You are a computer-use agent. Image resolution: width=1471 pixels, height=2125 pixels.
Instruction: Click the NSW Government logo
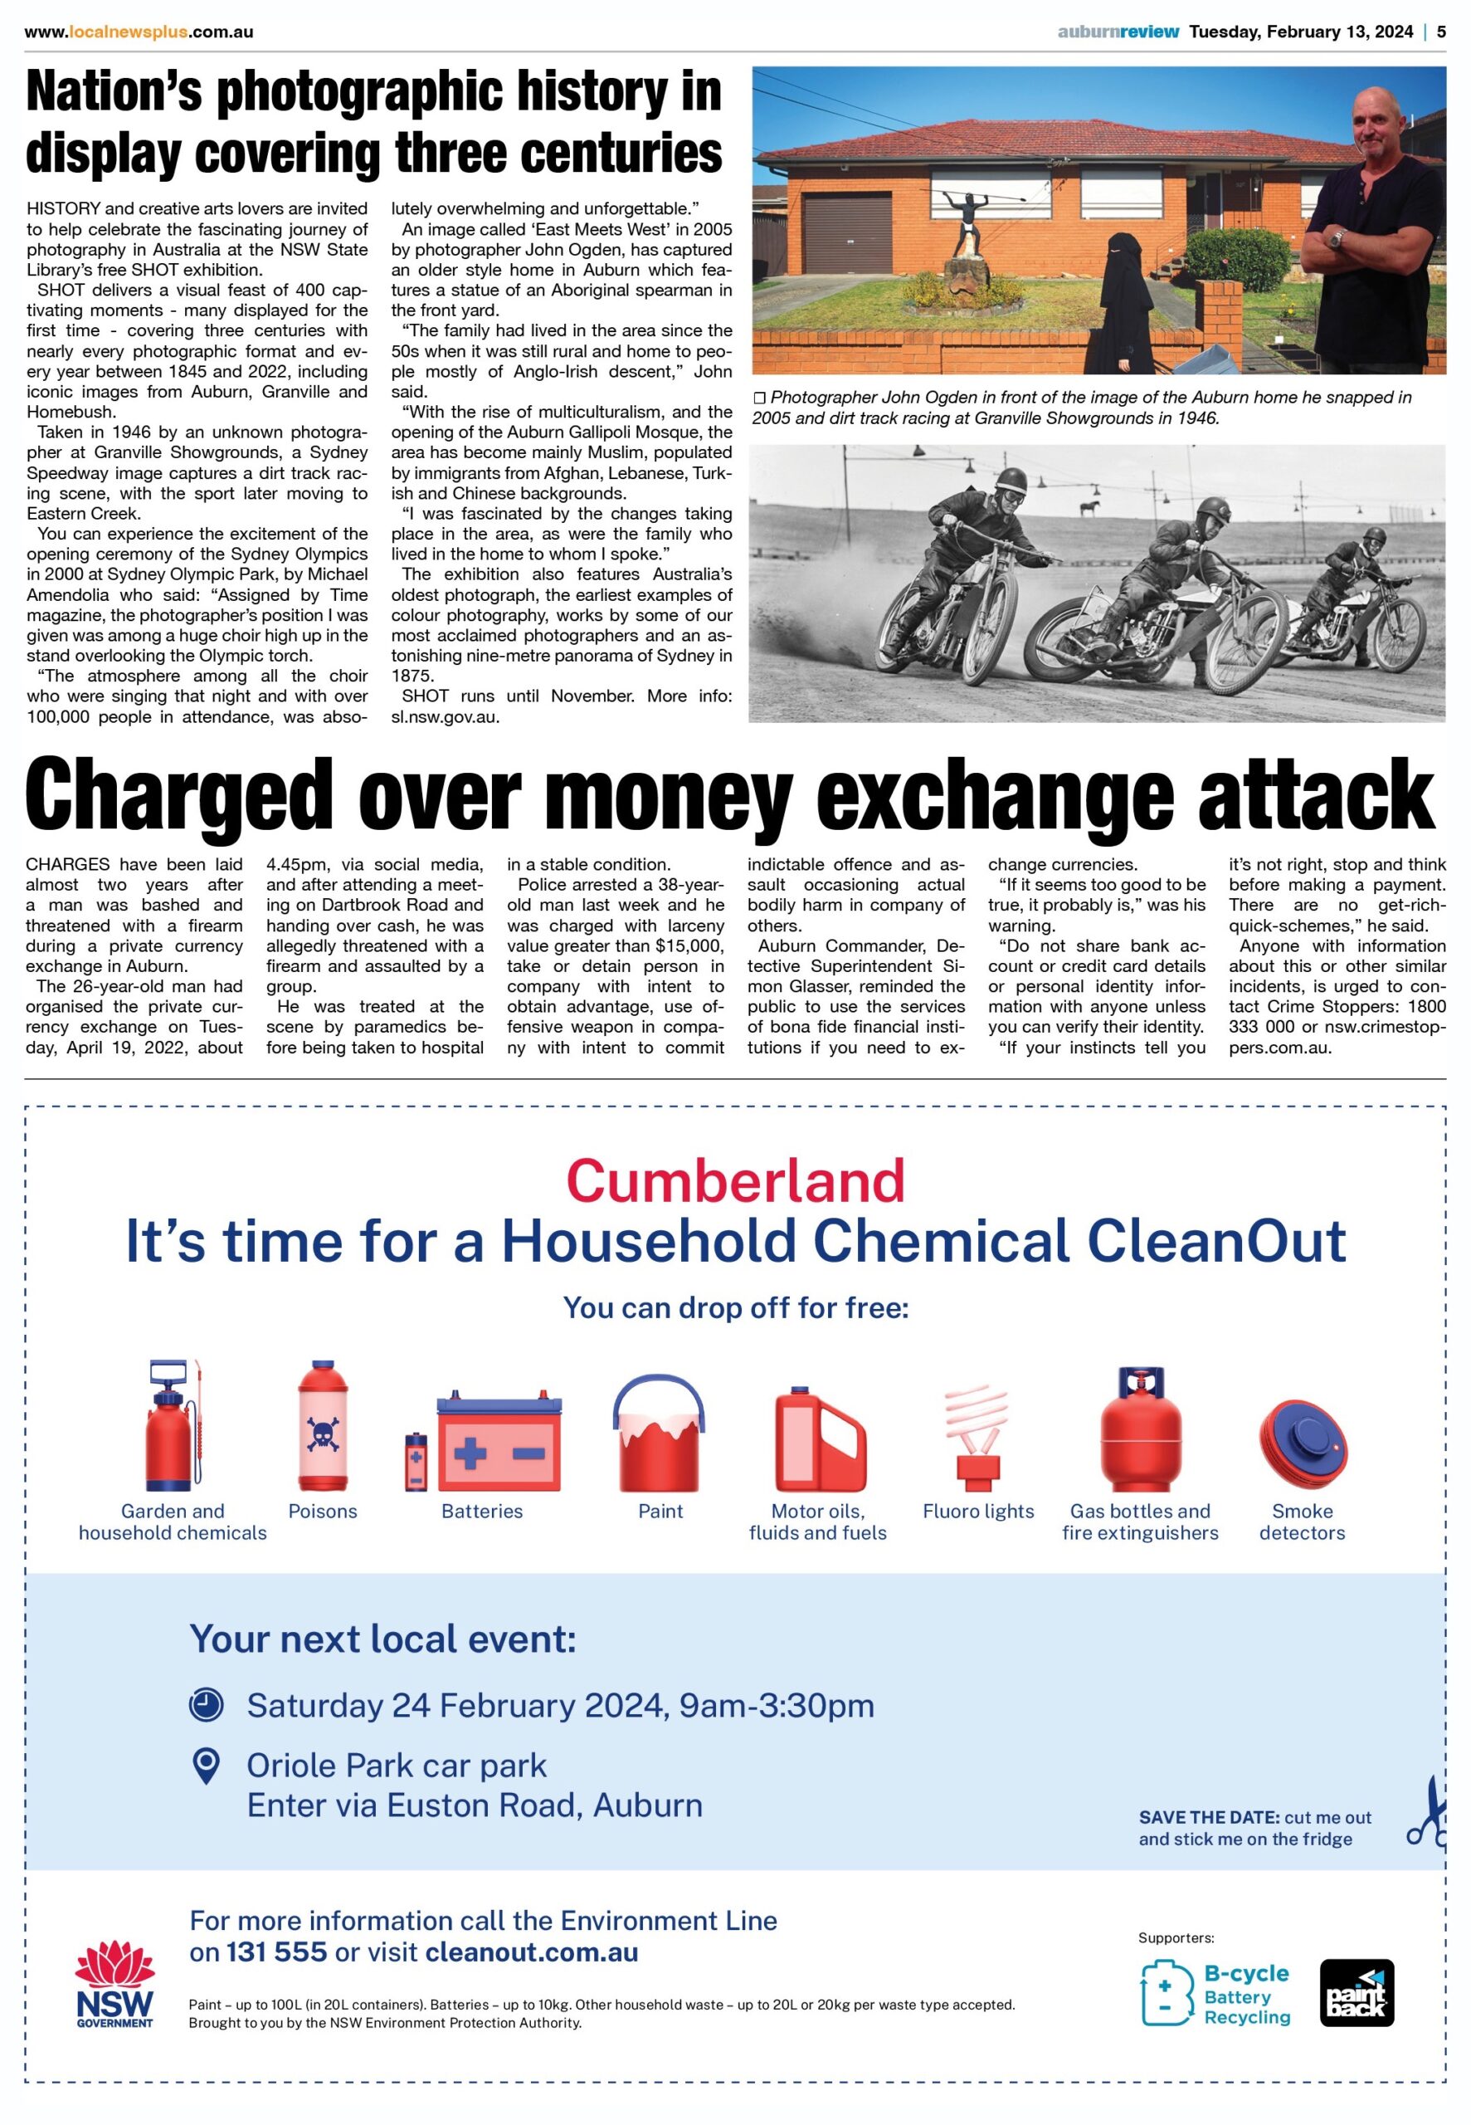point(115,1985)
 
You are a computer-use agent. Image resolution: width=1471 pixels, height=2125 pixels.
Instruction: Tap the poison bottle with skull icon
point(323,1425)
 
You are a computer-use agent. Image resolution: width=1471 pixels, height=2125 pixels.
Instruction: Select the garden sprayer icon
point(173,1425)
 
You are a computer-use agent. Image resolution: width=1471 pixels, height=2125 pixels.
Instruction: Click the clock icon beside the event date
point(207,1705)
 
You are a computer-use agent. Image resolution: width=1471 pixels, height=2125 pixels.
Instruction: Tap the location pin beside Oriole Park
point(206,1766)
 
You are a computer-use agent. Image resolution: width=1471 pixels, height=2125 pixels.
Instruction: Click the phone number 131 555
point(276,1952)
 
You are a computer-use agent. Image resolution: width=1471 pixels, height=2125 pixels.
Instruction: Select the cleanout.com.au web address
point(532,1952)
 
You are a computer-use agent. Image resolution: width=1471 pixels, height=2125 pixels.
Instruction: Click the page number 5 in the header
point(1441,32)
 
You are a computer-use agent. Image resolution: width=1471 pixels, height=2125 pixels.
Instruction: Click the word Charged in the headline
point(179,794)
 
